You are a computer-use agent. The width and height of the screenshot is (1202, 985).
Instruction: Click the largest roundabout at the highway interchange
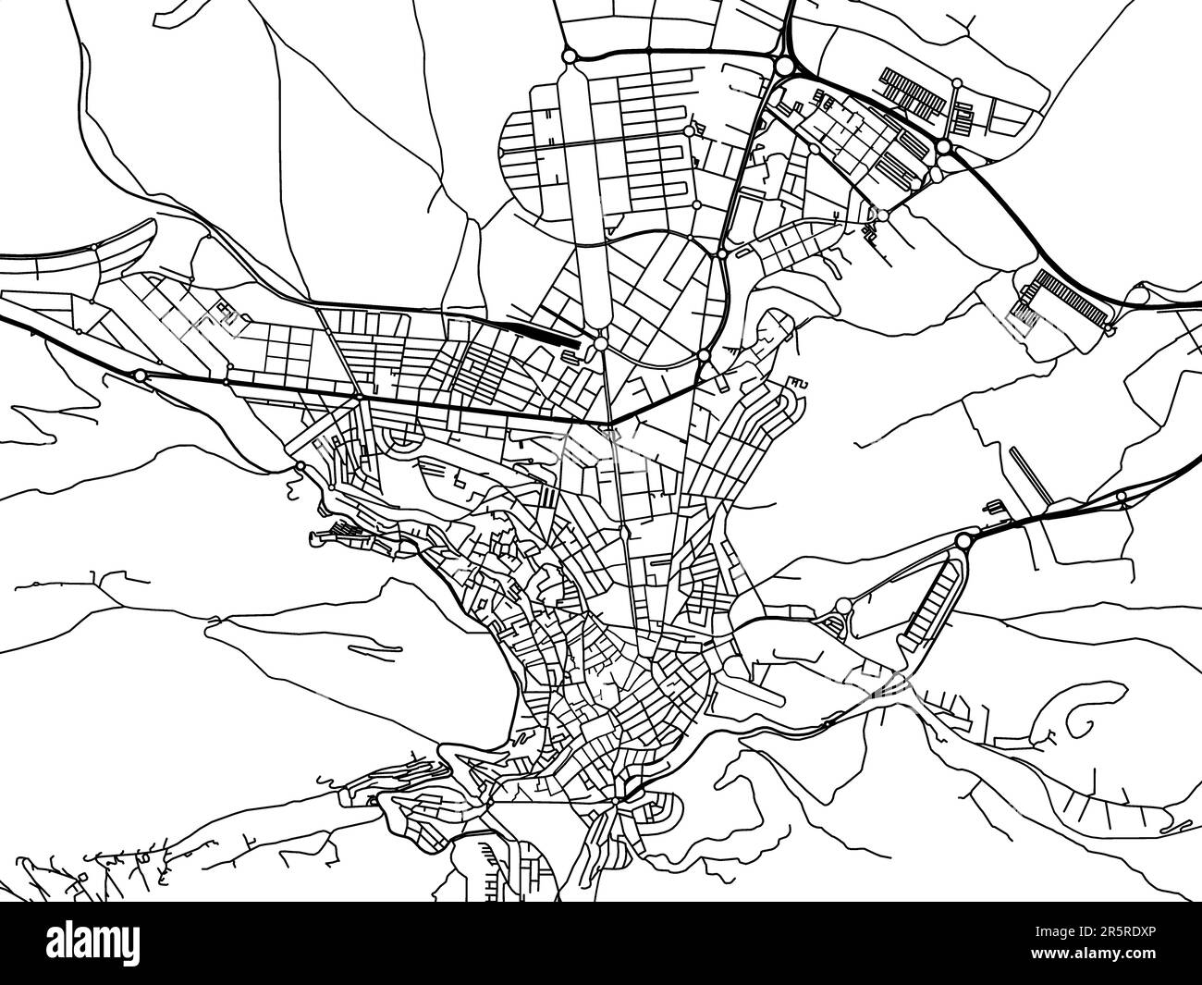(784, 66)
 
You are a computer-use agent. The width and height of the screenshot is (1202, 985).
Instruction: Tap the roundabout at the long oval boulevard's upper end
(570, 56)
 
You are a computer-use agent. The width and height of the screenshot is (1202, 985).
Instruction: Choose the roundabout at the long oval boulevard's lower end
(601, 344)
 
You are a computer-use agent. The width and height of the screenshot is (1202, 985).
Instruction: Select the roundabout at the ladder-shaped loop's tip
(963, 540)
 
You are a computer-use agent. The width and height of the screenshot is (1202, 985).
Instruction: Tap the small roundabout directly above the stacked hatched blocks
(956, 83)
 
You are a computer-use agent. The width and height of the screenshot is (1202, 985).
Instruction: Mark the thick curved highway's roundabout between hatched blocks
(942, 147)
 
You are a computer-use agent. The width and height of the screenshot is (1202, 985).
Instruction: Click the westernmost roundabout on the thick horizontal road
(140, 376)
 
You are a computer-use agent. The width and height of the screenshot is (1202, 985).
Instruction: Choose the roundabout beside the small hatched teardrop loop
(843, 606)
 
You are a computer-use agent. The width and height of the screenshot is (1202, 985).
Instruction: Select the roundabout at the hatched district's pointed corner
(882, 215)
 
